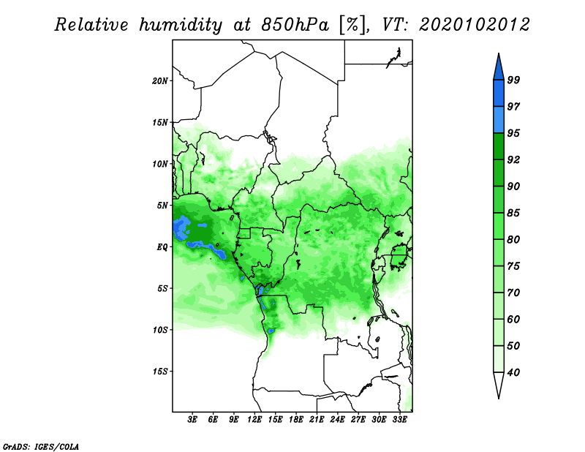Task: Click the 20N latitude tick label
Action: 159,81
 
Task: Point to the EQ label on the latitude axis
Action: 162,247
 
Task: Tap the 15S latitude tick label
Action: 160,372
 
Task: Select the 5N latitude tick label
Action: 162,206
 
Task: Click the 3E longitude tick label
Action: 192,420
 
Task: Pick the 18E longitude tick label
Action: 296,420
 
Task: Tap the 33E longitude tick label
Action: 399,420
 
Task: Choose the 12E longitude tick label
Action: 254,420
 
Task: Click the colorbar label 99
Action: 513,80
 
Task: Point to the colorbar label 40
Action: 513,372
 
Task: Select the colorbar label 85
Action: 513,213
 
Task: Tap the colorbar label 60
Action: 513,319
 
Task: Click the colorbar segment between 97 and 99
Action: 499,94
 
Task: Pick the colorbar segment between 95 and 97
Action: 499,120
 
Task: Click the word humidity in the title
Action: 181,25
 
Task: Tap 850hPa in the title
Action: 295,25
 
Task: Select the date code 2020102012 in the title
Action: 474,25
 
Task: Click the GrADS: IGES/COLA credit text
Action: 41,446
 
